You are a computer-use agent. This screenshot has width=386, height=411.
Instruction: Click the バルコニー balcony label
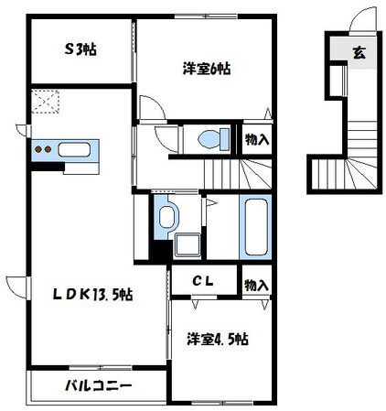pos(97,385)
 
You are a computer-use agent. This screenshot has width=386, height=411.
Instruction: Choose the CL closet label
pos(202,283)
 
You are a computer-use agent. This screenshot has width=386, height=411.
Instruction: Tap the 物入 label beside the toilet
pos(257,140)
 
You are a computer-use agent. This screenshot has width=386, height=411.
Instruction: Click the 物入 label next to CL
pos(256,286)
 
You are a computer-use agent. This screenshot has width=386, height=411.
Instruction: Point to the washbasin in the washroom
pos(167,218)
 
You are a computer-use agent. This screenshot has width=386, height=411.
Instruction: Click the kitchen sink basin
pos(72,150)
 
